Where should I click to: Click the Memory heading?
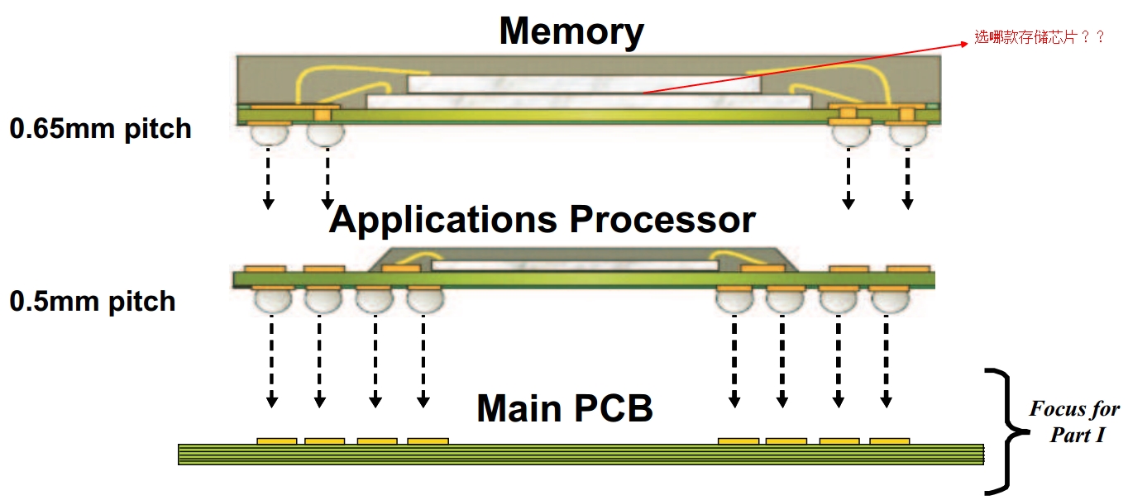571,31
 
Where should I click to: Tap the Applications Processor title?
542,220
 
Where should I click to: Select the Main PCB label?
565,408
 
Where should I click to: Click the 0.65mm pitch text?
100,129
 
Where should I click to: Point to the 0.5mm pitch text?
93,301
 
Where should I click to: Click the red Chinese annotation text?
1039,37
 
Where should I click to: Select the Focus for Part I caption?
1074,421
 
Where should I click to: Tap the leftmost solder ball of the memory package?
269,135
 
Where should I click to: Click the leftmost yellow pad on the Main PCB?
276,441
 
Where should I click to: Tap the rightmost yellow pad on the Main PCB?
889,441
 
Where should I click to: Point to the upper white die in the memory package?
583,83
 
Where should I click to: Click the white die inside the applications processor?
574,265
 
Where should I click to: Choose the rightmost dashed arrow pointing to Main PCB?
886,364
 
